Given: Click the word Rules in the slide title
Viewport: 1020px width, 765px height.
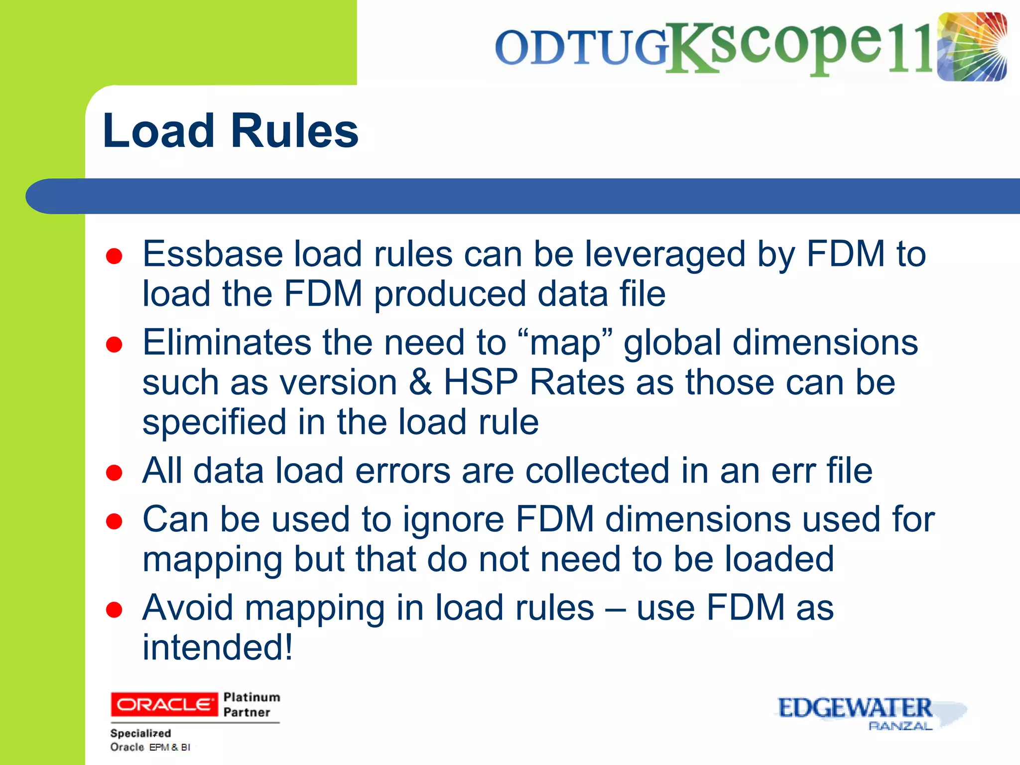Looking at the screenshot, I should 294,130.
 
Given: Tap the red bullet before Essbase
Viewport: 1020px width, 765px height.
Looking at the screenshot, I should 114,256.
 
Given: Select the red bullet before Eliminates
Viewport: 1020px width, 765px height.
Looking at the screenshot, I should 114,345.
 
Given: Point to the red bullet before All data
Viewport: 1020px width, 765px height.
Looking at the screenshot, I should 114,473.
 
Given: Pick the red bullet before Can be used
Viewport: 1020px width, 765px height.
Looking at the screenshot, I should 114,521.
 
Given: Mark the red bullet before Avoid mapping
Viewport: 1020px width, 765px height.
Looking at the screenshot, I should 114,610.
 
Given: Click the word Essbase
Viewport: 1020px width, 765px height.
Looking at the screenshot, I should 213,254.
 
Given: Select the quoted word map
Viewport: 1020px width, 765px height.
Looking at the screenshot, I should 565,344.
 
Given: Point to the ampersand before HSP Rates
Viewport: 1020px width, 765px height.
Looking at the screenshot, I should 420,382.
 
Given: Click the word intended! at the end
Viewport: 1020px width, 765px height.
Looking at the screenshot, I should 218,647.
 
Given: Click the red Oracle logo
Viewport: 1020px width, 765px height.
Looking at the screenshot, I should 164,704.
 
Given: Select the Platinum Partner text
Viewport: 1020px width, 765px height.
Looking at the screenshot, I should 252,704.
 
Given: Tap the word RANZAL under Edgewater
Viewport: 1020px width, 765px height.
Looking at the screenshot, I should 900,726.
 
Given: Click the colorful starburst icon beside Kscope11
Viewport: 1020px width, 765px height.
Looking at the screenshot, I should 972,47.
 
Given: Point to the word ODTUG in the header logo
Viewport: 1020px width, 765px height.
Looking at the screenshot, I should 581,48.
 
